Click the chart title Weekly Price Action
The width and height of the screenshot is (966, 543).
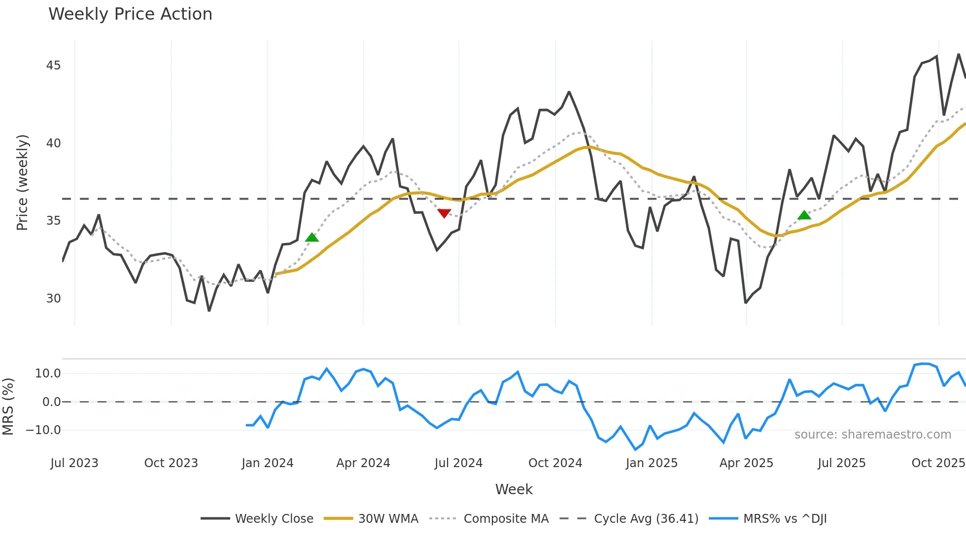click(130, 14)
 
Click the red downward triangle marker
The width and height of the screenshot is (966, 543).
click(444, 213)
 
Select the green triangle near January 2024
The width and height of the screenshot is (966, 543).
click(312, 238)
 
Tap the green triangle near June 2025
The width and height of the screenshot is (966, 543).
click(804, 215)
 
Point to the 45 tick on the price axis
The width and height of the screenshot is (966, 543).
click(53, 66)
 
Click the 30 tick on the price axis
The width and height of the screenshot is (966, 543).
click(53, 299)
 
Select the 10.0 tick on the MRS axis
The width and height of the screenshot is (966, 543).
click(48, 373)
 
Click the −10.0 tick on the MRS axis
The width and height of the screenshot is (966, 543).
click(43, 430)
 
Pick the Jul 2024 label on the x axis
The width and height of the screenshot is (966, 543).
click(458, 463)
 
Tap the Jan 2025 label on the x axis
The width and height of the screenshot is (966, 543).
click(652, 463)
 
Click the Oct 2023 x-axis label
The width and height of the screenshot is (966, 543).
click(171, 463)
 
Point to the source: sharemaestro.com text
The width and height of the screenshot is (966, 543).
click(872, 435)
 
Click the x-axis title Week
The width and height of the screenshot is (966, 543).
click(514, 489)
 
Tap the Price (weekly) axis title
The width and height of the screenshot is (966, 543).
click(22, 182)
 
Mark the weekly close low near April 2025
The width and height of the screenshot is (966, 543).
click(746, 303)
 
